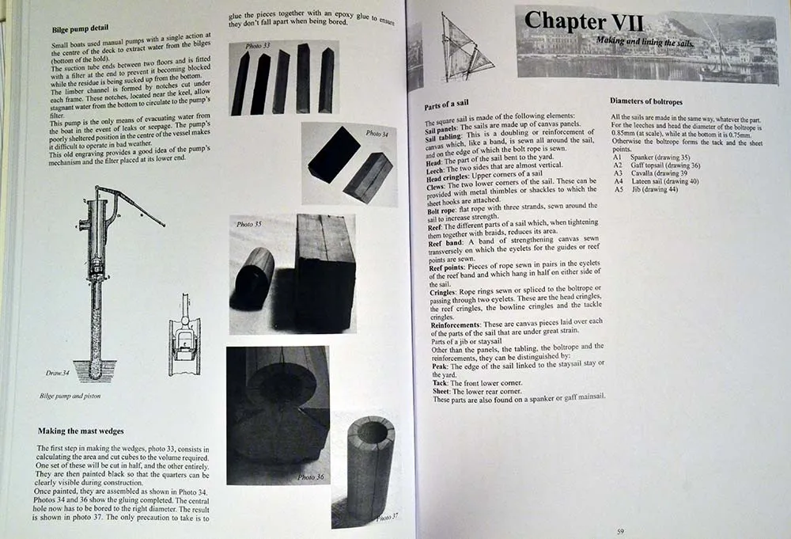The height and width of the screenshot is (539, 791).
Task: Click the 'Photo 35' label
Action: (249, 224)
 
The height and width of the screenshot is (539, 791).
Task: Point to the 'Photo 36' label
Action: (311, 476)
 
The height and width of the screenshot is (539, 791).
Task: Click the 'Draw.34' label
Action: (56, 371)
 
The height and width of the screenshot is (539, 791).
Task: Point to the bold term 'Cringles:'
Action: (443, 291)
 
